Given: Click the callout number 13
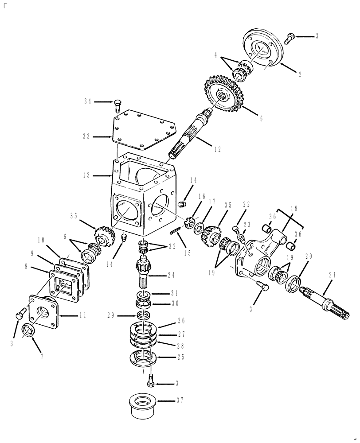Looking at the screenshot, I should coord(86,175).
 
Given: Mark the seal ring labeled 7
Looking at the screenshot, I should coord(29,330).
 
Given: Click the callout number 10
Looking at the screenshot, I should coord(41,240).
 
